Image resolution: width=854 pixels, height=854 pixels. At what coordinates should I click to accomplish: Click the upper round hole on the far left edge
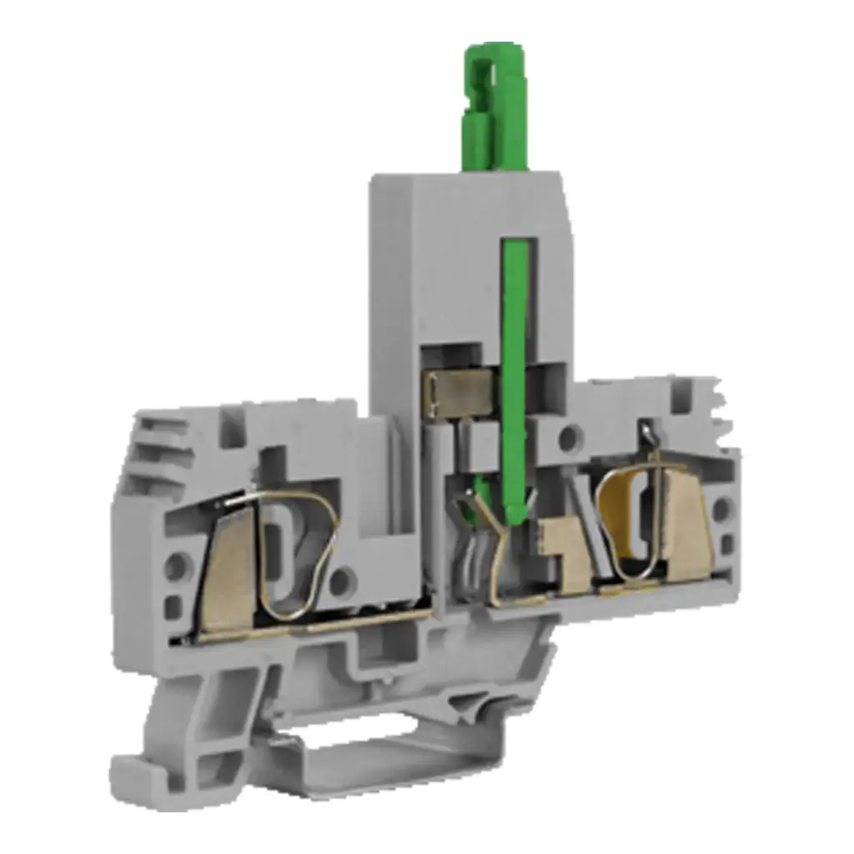[x=176, y=568]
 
